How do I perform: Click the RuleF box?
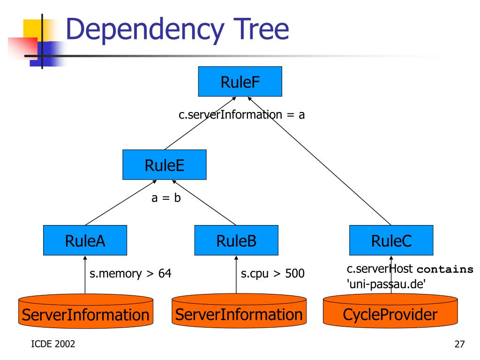240,82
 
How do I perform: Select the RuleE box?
165,165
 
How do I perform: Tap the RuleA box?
85,240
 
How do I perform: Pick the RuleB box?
236,240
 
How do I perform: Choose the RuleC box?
391,240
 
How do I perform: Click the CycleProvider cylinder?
390,311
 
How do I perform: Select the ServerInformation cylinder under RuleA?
86,311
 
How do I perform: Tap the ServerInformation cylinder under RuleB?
239,311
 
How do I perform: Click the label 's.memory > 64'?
130,273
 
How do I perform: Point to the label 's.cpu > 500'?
272,273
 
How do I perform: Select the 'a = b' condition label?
166,198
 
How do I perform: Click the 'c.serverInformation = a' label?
241,114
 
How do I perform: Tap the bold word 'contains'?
445,269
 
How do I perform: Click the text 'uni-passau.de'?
386,284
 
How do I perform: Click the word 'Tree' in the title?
261,29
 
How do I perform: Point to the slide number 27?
459,344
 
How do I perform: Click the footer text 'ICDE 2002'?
53,344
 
